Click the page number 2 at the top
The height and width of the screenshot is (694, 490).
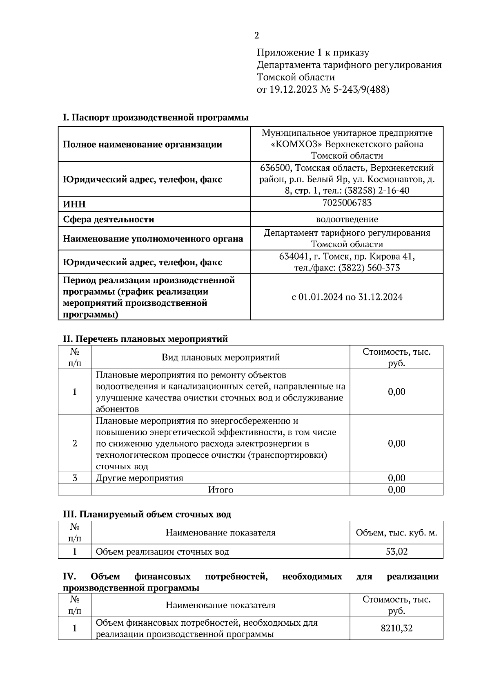tap(256, 36)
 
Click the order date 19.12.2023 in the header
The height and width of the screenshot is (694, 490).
tap(293, 90)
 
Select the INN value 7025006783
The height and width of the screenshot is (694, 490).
tap(347, 203)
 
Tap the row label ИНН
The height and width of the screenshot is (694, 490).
tap(74, 204)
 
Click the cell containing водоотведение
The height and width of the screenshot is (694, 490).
tap(347, 219)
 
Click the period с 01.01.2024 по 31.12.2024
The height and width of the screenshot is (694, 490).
tap(347, 297)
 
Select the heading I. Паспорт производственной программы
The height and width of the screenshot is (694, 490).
tap(156, 118)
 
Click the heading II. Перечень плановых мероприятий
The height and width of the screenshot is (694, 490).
tap(145, 339)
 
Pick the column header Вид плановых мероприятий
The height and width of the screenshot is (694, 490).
tap(220, 358)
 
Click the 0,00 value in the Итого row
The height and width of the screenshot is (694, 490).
tap(396, 490)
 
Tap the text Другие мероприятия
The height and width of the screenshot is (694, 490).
tap(140, 478)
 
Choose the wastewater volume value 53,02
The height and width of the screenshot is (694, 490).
tap(396, 552)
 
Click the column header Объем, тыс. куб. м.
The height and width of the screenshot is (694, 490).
tap(396, 533)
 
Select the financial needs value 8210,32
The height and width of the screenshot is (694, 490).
tap(396, 628)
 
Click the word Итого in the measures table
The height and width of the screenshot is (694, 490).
tap(220, 490)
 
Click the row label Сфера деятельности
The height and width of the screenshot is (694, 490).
tap(109, 219)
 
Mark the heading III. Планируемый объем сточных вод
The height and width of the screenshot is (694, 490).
tap(147, 515)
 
